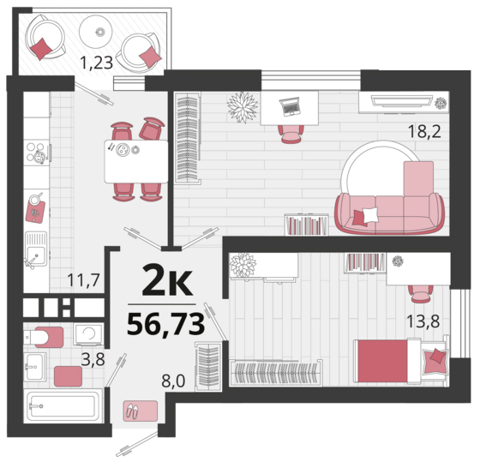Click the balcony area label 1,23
click(96, 63)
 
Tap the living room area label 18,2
click(424, 132)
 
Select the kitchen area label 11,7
click(84, 279)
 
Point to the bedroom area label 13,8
click(423, 321)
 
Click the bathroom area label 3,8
click(93, 359)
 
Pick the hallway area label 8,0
click(173, 381)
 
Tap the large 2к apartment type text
click(167, 280)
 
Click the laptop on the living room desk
click(290, 106)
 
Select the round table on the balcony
click(96, 31)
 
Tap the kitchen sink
click(36, 249)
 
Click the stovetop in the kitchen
click(37, 153)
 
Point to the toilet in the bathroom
click(43, 337)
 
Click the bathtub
click(63, 406)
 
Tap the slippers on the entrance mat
click(132, 411)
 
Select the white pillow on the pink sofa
click(370, 214)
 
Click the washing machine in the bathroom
click(89, 334)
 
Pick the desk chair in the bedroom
click(420, 294)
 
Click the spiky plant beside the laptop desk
click(243, 107)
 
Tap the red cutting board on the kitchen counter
click(35, 211)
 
